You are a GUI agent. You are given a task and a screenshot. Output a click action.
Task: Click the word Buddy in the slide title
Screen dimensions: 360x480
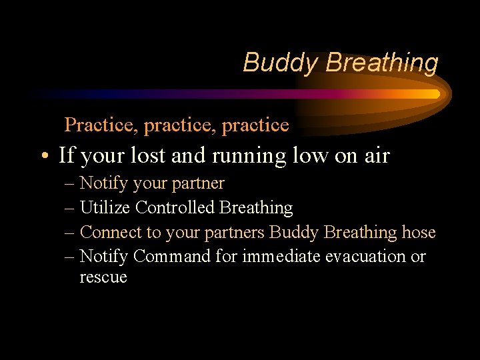(x=281, y=63)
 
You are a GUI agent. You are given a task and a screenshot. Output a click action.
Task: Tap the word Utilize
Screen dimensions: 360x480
(x=105, y=207)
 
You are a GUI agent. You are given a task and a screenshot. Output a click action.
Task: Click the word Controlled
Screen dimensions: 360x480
(x=175, y=207)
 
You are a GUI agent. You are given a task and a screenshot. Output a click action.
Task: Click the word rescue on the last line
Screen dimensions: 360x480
(x=103, y=277)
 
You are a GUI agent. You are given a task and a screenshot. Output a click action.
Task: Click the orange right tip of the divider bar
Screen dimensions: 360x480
(x=435, y=94)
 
